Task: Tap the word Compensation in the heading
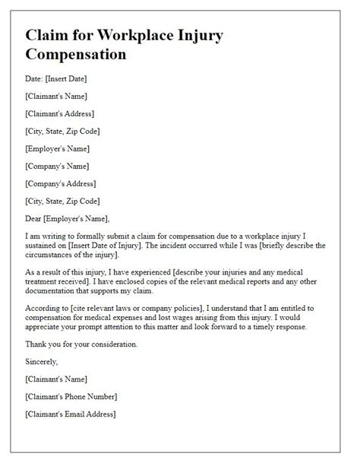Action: (76, 55)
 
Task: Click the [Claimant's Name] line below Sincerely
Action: (57, 379)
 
